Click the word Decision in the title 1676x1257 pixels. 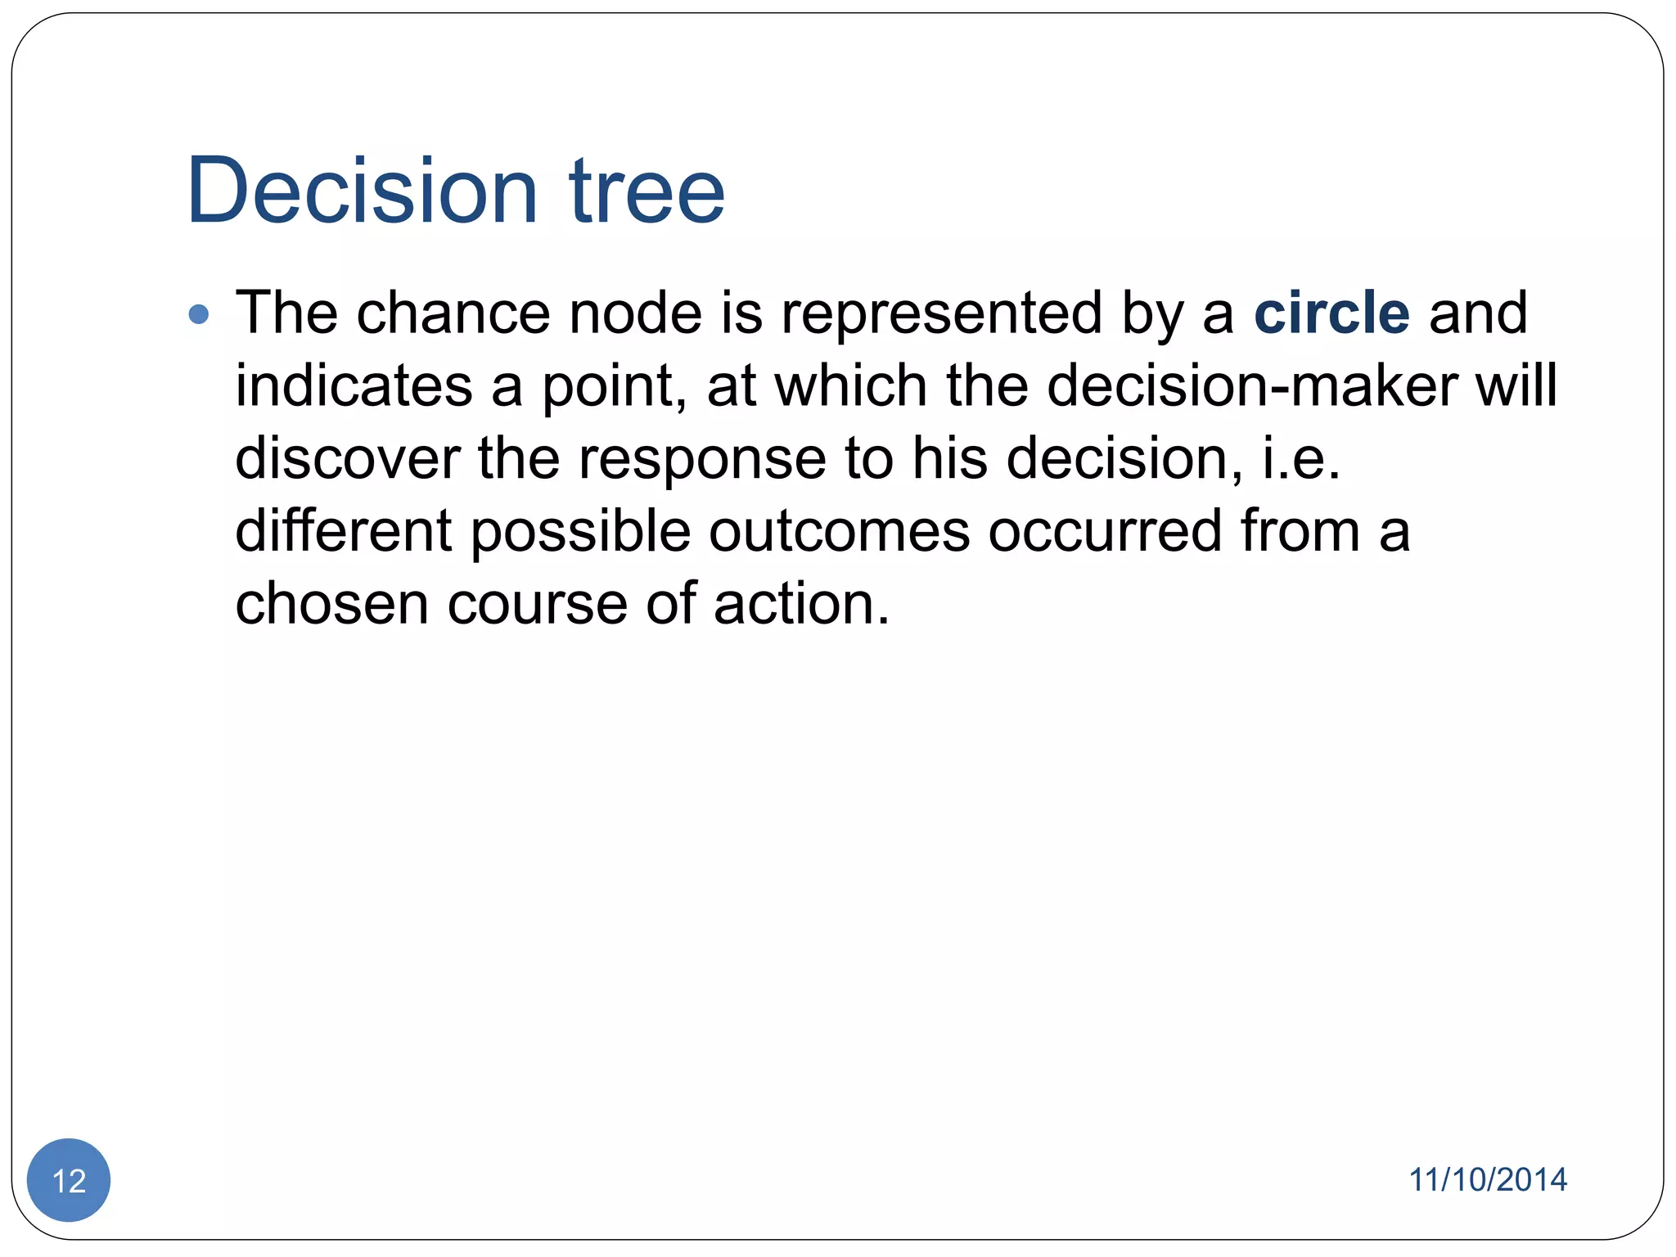coord(361,191)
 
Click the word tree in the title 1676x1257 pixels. coord(647,191)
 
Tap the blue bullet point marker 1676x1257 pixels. coord(199,314)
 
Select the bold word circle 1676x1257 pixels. coord(1331,313)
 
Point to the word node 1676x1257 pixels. coord(635,313)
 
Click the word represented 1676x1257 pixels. coord(941,313)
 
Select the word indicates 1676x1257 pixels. coord(354,385)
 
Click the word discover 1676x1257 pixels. coord(347,458)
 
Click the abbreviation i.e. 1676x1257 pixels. coord(1300,458)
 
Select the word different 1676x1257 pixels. coord(343,531)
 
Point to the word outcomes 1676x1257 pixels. coord(839,531)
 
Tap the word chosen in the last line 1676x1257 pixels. coord(331,604)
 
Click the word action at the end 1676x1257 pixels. coord(800,604)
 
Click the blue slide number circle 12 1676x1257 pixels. coord(69,1180)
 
